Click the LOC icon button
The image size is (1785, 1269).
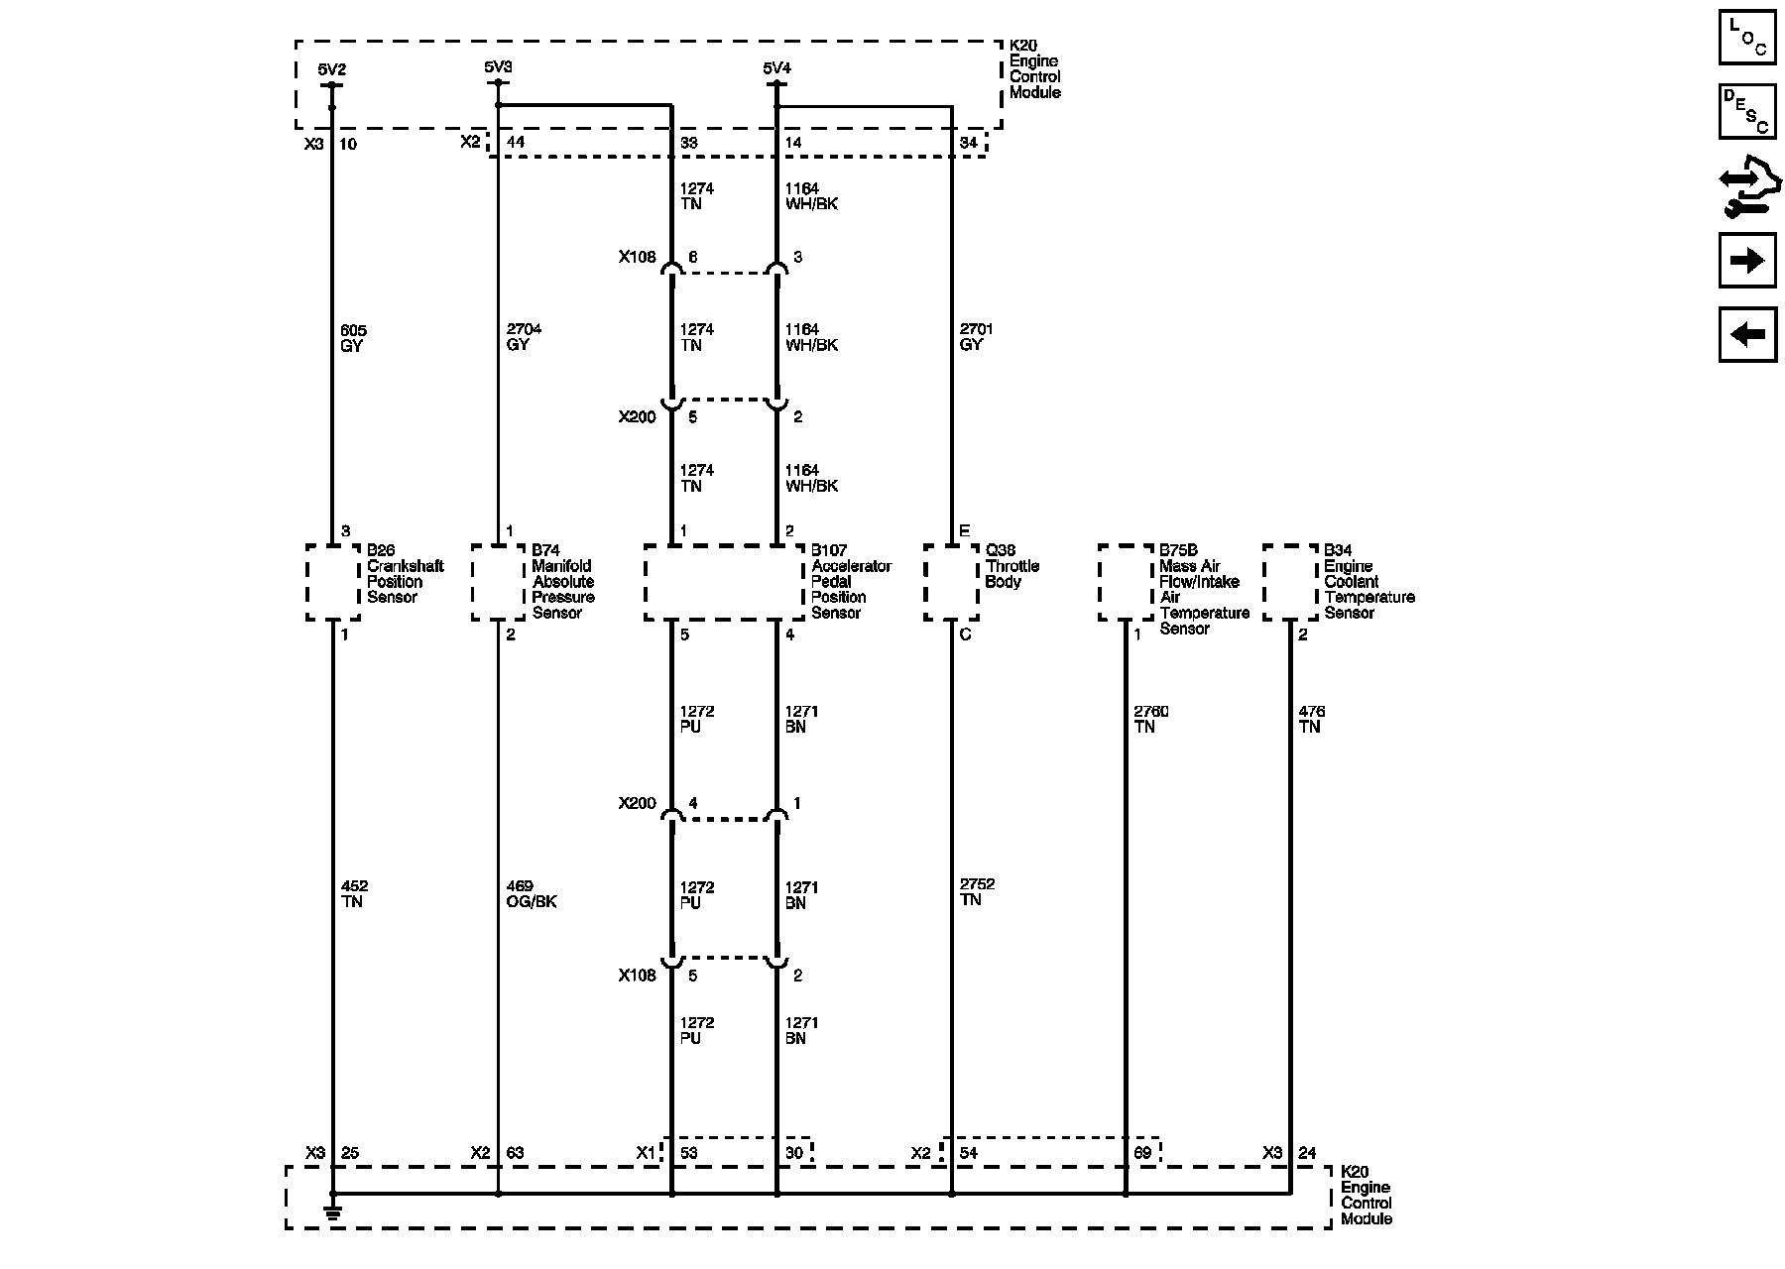click(1746, 38)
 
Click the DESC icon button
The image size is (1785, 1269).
click(1746, 112)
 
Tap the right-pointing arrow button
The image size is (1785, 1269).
click(1746, 261)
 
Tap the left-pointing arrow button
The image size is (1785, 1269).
click(1746, 334)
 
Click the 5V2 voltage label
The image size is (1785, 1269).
click(331, 70)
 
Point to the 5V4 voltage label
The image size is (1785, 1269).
click(776, 68)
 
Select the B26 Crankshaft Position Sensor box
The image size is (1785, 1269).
click(332, 582)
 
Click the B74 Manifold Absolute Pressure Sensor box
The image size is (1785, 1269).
click(497, 582)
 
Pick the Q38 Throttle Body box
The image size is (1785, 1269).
click(951, 582)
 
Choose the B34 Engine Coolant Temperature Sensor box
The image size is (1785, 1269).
click(1289, 582)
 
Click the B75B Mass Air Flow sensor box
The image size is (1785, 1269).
click(1126, 582)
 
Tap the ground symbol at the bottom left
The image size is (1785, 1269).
click(332, 1211)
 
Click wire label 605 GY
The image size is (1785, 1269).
click(351, 338)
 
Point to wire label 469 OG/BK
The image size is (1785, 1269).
click(531, 894)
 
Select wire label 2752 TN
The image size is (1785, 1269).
click(977, 892)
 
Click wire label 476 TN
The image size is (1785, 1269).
click(1311, 719)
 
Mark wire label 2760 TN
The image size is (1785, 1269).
click(1150, 719)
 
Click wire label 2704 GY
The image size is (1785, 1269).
click(523, 337)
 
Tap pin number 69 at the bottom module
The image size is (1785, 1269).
click(1142, 1153)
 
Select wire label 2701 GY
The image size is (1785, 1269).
click(976, 337)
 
